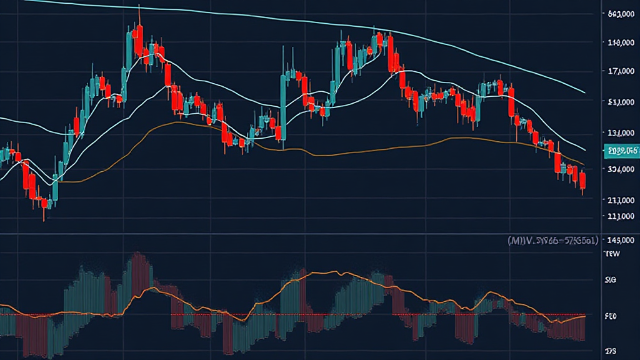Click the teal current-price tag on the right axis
pos(622,151)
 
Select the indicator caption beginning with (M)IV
pos(552,239)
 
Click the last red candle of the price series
pos(582,181)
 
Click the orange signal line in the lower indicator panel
pos(312,274)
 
